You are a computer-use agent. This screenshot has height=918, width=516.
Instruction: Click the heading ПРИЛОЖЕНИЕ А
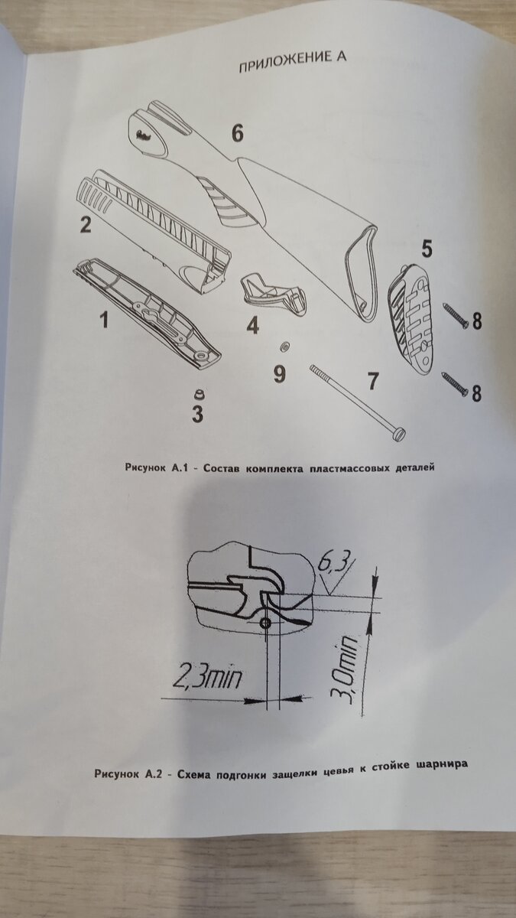pyautogui.click(x=292, y=62)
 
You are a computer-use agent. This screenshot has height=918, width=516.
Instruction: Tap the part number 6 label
pyautogui.click(x=237, y=134)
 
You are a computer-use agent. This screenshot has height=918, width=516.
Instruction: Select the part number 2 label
pyautogui.click(x=85, y=225)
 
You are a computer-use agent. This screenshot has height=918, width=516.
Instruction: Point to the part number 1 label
pyautogui.click(x=105, y=319)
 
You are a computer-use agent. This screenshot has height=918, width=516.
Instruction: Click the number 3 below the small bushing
pyautogui.click(x=198, y=414)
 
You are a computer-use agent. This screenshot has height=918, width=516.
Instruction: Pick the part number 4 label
pyautogui.click(x=253, y=325)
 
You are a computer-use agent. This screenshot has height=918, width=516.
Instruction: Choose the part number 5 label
pyautogui.click(x=427, y=249)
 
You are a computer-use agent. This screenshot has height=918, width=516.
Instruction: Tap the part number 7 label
pyautogui.click(x=372, y=381)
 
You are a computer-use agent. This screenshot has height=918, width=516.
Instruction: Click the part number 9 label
pyautogui.click(x=279, y=374)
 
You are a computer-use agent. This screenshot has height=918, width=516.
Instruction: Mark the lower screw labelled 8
pyautogui.click(x=455, y=386)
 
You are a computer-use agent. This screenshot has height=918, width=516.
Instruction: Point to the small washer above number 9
pyautogui.click(x=284, y=347)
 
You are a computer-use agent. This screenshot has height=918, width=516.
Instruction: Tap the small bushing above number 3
pyautogui.click(x=199, y=394)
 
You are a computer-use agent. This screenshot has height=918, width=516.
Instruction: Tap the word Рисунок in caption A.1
pyautogui.click(x=145, y=468)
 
